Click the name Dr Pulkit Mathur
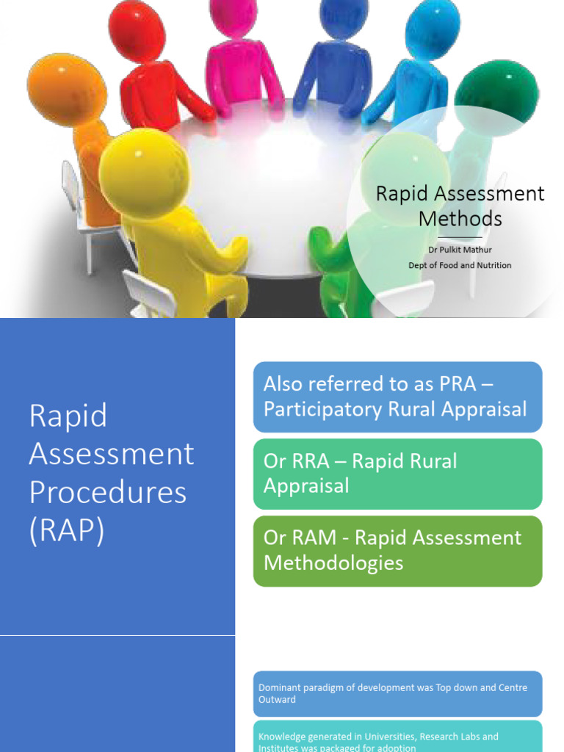460,250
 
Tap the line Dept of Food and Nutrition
460,265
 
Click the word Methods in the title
460,218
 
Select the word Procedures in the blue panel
108,492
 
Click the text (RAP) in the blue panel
67,530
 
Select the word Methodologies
333,563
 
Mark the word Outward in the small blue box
277,700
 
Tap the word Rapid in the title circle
402,194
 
